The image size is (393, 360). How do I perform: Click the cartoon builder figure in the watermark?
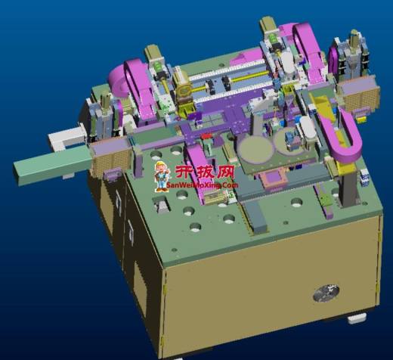pos(162,176)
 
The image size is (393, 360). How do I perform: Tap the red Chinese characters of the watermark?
pos(205,172)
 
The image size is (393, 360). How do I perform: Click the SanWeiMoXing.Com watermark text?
pos(202,185)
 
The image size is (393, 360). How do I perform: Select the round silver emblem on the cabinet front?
pos(326,293)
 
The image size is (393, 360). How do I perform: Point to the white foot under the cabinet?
pos(357,318)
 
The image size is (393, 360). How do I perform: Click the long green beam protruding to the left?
pos(52,164)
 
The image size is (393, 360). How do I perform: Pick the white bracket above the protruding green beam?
pos(66,138)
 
